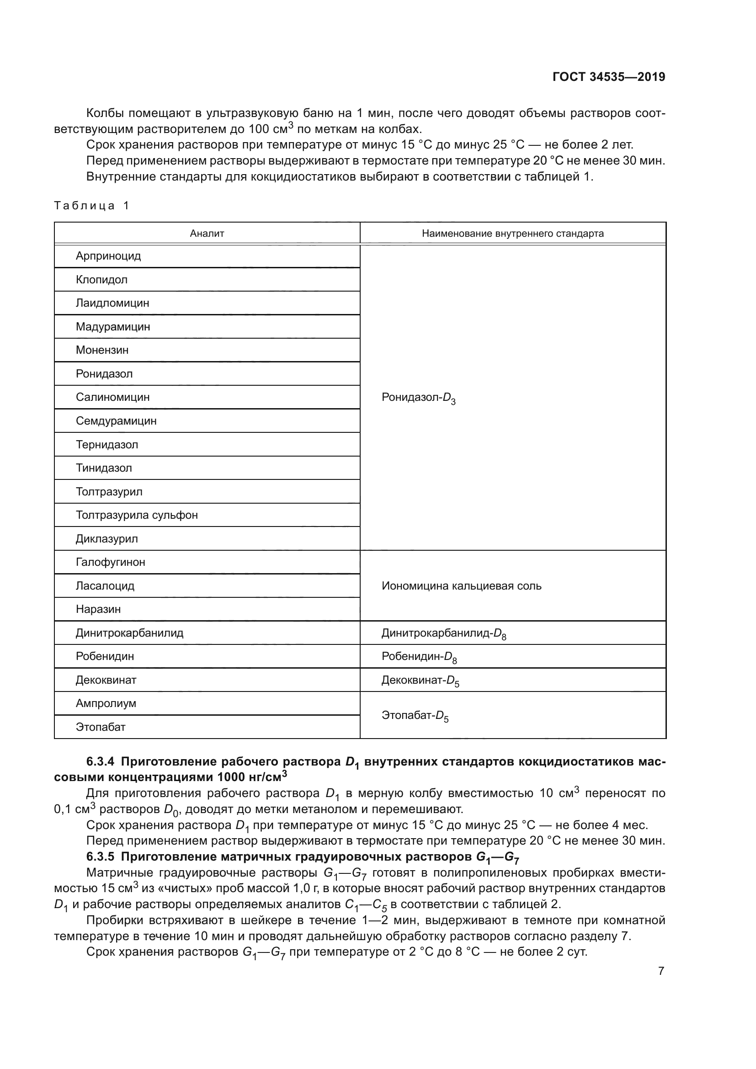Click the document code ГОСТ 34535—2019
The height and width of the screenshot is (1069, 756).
click(608, 77)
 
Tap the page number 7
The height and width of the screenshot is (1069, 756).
click(661, 971)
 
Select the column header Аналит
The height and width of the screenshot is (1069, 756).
click(207, 234)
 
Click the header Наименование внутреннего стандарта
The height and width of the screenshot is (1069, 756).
click(512, 234)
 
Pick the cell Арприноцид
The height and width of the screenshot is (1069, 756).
click(108, 256)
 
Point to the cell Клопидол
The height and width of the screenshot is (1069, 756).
click(101, 280)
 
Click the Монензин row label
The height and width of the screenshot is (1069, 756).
click(102, 350)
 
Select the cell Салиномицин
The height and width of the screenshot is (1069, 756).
click(112, 397)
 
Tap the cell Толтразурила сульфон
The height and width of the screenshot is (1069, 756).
click(136, 515)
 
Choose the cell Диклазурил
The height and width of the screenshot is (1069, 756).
click(106, 539)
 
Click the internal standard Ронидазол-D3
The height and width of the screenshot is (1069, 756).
click(418, 398)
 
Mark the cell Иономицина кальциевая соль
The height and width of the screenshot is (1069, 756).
click(461, 586)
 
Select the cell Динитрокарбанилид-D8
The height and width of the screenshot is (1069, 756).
click(443, 633)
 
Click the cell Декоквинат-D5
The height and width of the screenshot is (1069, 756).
click(420, 681)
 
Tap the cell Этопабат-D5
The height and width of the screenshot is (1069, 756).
click(415, 716)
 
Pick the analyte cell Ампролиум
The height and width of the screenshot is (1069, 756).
click(106, 703)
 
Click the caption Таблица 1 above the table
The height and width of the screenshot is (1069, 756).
click(91, 206)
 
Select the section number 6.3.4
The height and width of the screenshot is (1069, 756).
click(100, 762)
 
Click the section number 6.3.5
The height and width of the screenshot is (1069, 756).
click(100, 856)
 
